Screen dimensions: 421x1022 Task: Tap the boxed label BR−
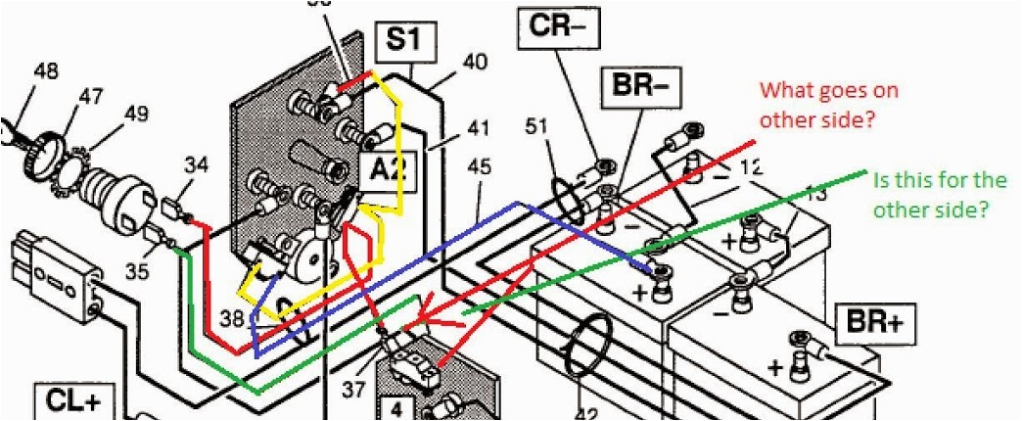(641, 86)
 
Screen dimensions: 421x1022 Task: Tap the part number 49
(136, 115)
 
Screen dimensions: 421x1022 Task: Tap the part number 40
(474, 62)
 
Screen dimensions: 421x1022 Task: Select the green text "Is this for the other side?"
(939, 194)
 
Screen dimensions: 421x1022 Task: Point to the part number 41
(477, 127)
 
